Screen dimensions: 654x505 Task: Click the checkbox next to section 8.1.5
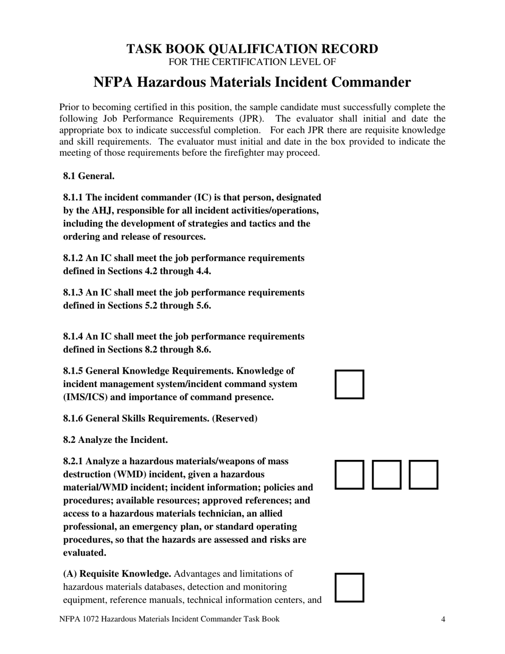(349, 384)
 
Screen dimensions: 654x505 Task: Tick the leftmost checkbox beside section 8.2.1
(349, 475)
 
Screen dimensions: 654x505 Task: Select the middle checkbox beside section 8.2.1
(386, 475)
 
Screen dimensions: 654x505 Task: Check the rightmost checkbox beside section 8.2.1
(423, 475)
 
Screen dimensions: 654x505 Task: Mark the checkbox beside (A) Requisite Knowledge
(349, 587)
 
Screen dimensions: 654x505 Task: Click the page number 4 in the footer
(443, 619)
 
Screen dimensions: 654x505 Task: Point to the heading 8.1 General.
(88, 175)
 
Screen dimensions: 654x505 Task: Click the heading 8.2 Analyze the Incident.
(115, 440)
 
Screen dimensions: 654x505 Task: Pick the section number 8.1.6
(73, 418)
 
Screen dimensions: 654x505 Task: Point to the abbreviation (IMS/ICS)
(86, 397)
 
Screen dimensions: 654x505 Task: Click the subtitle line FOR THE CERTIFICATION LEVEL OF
(252, 62)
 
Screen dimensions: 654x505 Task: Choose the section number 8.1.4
(73, 337)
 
